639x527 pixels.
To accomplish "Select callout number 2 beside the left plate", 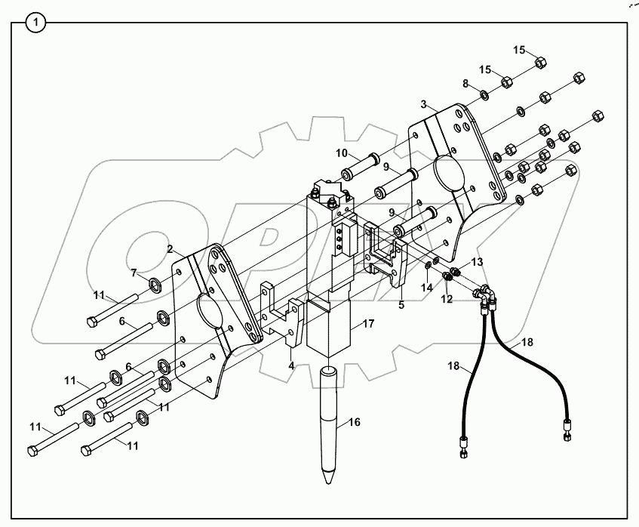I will point(171,248).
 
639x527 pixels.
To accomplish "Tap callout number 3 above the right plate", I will point(425,103).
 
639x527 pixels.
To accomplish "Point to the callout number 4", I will point(290,365).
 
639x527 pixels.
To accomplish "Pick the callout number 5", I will point(401,305).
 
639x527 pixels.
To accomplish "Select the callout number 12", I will point(447,298).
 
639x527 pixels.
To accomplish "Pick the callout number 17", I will point(368,324).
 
